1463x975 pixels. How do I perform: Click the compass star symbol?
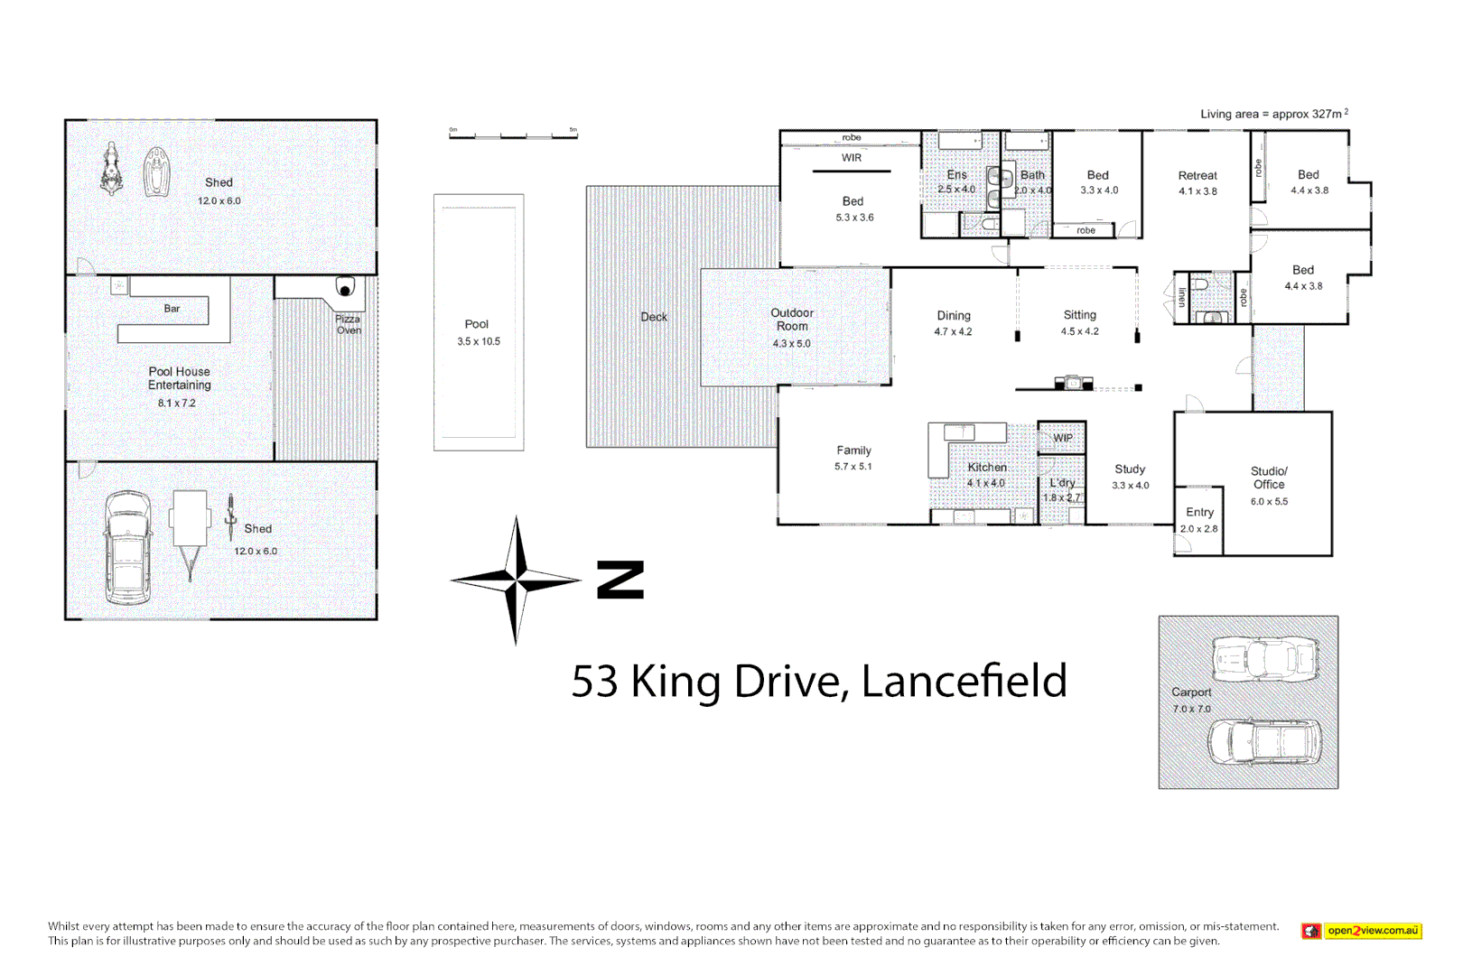516,580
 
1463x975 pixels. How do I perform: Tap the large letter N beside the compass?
620,580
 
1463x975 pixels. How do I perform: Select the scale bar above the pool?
513,135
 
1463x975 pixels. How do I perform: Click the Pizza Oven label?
348,325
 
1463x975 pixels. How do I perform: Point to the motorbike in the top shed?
111,170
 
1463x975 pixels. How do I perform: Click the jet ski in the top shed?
157,172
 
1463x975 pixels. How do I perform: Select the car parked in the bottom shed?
128,548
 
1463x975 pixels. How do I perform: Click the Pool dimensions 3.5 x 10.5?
478,342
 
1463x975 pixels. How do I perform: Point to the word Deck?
654,317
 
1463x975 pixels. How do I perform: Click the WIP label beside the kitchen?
1063,438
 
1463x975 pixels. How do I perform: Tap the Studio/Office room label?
1269,478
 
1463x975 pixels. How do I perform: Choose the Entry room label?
1199,512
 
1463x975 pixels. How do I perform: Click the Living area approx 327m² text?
1273,114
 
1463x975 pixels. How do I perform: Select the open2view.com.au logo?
1362,931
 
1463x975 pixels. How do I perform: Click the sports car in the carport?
1265,659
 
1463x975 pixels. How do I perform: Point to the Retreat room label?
1197,176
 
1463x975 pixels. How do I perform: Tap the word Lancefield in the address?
964,682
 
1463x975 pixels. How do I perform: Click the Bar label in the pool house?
172,309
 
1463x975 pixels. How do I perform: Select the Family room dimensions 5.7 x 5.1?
853,467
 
